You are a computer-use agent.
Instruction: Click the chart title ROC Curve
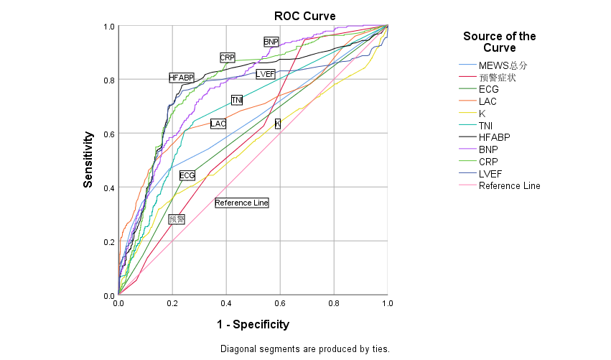[304, 16]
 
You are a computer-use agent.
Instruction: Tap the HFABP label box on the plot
[182, 78]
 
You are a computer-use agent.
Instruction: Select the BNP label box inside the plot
[271, 42]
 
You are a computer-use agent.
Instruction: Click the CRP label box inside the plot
[227, 57]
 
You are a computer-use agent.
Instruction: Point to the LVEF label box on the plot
[266, 74]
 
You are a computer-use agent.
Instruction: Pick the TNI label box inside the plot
[237, 100]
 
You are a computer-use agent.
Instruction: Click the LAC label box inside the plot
[218, 124]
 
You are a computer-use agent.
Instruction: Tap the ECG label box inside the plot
[187, 175]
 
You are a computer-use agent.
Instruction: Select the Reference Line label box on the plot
[241, 203]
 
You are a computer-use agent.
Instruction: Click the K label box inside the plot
[278, 124]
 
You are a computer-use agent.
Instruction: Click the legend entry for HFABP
[495, 138]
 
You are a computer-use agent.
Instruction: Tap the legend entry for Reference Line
[509, 186]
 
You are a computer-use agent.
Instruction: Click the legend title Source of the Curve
[499, 42]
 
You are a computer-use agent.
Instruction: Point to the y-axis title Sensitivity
[88, 160]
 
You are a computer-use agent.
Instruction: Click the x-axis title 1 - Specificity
[253, 325]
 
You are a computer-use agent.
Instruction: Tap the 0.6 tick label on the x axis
[280, 304]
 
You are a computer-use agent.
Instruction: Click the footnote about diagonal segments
[304, 349]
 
